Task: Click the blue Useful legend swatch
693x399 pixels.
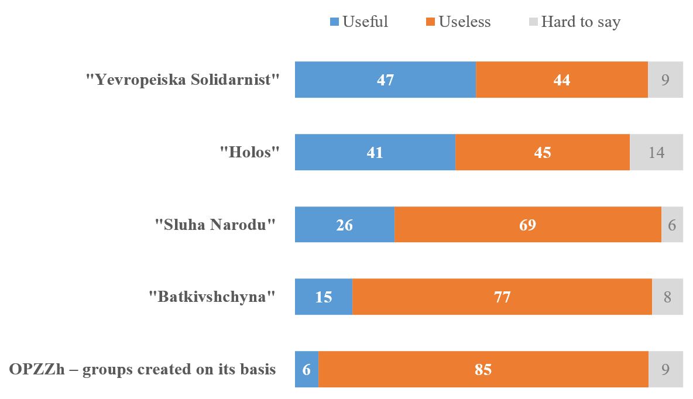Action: (334, 22)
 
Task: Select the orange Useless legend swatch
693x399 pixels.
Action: (430, 22)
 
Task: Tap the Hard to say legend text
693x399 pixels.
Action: (580, 22)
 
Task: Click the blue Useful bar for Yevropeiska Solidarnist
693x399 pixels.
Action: (385, 80)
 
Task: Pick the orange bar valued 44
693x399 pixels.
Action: (562, 80)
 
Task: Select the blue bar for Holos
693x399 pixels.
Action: (375, 152)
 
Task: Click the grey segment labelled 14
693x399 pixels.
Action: (656, 152)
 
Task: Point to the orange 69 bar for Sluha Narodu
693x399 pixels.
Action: (527, 225)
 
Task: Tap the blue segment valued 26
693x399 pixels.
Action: (344, 225)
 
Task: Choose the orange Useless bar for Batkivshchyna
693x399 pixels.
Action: (502, 297)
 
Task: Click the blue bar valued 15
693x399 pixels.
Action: (323, 297)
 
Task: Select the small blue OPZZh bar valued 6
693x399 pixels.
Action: (307, 369)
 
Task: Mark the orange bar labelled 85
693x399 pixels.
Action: (483, 369)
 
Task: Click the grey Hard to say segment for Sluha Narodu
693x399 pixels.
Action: (672, 225)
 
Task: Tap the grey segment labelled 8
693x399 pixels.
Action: (667, 297)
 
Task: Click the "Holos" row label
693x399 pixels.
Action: (249, 152)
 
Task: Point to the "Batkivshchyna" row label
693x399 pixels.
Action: (211, 297)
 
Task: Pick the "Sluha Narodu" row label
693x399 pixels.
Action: (214, 225)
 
